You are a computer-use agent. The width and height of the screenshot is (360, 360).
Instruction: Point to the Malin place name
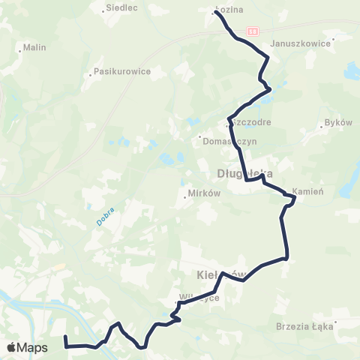coord(35,47)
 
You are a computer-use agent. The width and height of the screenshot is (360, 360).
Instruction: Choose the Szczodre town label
coord(252,121)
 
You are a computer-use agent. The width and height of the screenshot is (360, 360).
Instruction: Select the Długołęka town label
coord(238,173)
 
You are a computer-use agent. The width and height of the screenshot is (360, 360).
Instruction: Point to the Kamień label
coord(308,192)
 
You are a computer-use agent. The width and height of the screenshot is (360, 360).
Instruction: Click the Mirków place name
coord(204,193)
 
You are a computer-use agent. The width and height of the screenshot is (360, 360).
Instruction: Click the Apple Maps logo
coord(27,347)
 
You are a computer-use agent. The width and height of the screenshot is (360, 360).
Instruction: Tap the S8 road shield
coord(253,31)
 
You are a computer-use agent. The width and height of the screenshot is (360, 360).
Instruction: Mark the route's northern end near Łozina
coord(217,13)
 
